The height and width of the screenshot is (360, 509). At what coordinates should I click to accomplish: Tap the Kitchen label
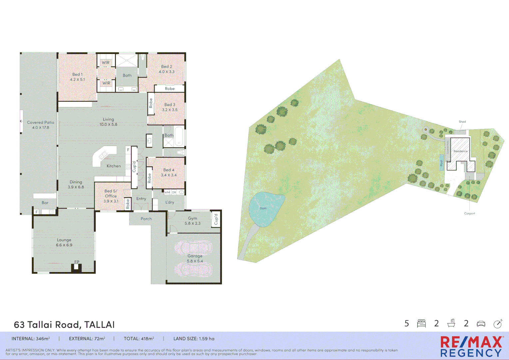114,166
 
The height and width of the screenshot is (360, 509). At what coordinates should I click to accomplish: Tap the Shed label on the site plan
462,122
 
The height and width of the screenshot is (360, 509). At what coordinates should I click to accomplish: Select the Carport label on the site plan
469,213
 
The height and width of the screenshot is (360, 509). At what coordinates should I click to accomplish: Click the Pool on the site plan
441,163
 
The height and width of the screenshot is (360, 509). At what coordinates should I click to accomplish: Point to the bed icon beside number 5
421,323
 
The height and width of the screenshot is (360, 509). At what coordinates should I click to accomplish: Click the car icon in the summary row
481,324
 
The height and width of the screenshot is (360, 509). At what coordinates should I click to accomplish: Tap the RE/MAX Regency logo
471,347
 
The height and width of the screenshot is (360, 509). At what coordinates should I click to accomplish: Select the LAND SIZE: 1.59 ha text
194,339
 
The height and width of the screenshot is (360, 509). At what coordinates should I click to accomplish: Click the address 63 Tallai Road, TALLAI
64,325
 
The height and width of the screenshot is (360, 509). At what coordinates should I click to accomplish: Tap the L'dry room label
170,202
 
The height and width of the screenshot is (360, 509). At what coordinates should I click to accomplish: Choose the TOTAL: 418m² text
139,339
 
